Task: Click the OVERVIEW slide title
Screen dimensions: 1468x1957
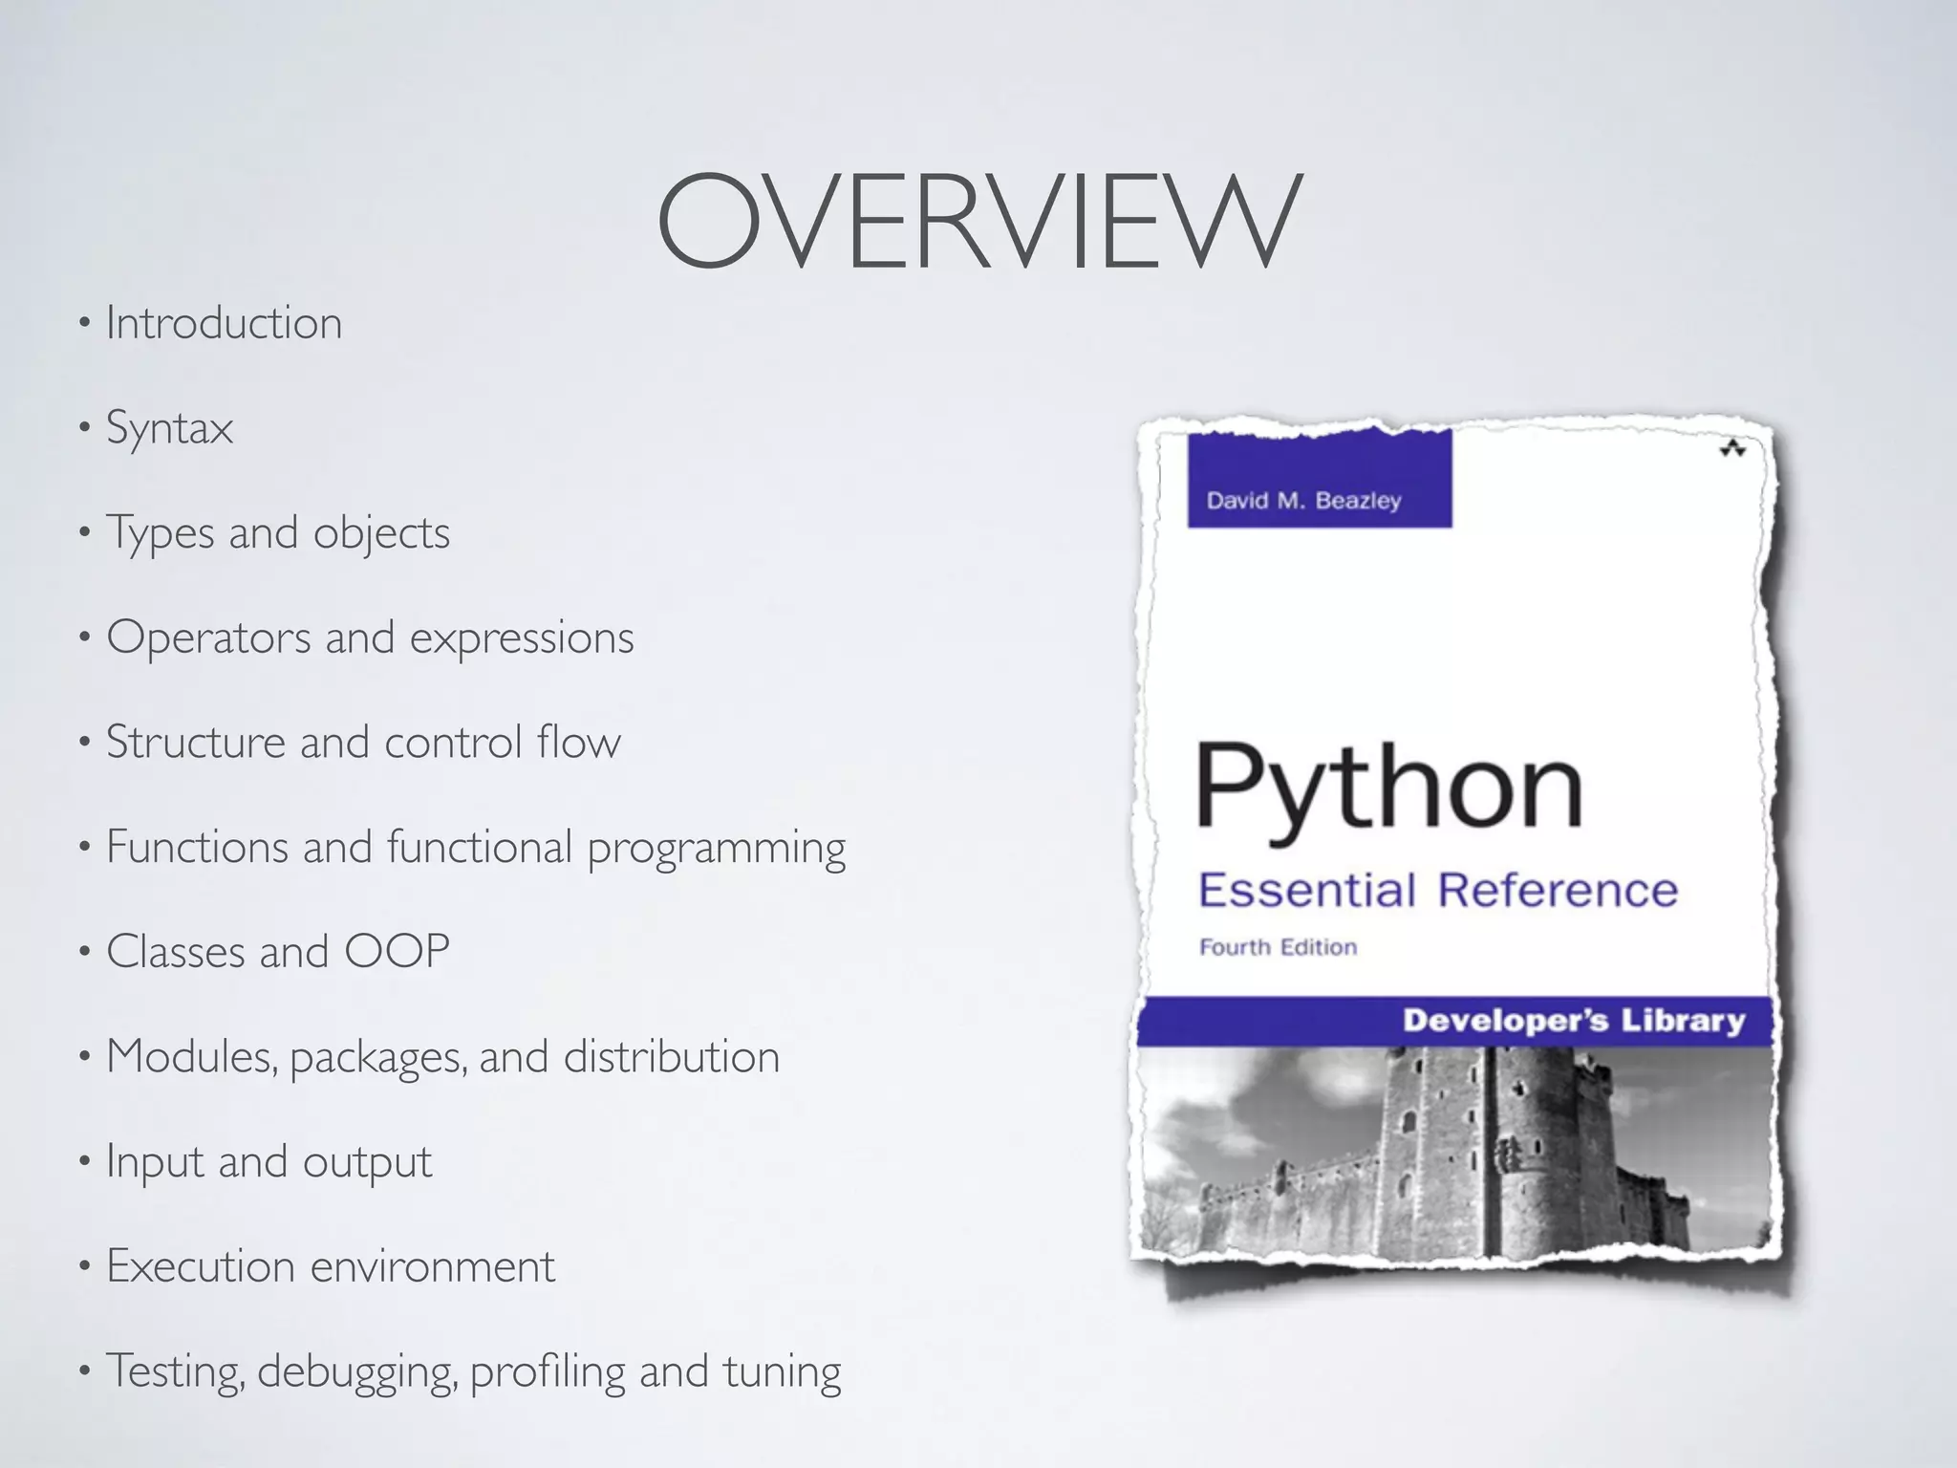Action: (978, 222)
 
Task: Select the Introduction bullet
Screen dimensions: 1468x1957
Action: (224, 323)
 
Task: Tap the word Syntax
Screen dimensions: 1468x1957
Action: (169, 428)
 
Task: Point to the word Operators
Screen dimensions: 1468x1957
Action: (208, 637)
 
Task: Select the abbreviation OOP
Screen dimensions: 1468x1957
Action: (397, 951)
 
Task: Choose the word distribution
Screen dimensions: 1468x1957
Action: (672, 1056)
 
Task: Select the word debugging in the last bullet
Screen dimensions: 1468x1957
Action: (358, 1372)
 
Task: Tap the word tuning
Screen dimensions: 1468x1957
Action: (782, 1371)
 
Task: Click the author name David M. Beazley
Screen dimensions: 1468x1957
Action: (1303, 500)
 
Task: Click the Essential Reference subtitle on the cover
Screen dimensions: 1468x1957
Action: (1437, 890)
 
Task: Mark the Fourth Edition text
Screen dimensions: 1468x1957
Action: (1278, 947)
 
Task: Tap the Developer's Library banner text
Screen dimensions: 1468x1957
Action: (1573, 1021)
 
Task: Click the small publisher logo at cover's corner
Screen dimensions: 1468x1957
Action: (1732, 448)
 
